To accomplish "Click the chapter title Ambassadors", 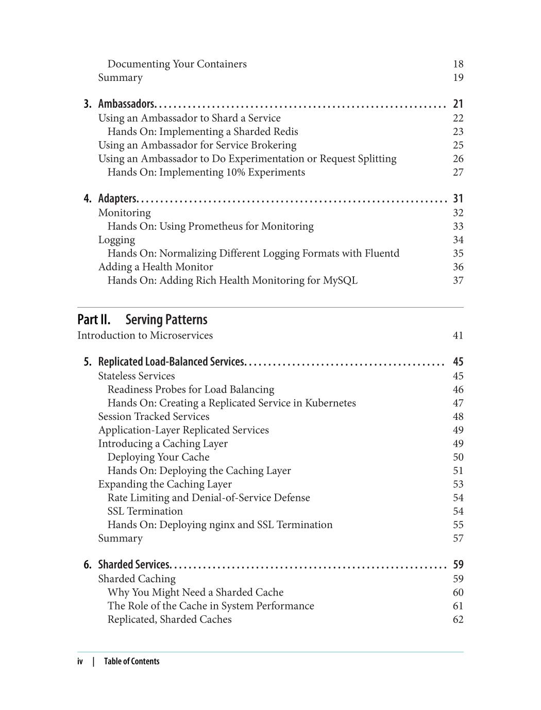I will tap(126, 104).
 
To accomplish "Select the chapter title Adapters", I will tap(117, 199).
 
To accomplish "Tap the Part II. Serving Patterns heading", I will tap(142, 320).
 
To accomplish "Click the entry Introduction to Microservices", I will tap(145, 335).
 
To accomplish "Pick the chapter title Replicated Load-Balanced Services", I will tap(171, 362).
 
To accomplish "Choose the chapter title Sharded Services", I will tap(133, 565).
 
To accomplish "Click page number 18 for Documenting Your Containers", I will tap(458, 64).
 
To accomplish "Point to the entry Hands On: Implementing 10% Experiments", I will tap(206, 172).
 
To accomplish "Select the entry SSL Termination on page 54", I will tap(145, 511).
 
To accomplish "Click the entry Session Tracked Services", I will tap(154, 416).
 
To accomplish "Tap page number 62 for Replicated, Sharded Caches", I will tap(458, 619).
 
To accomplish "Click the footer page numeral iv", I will tap(80, 662).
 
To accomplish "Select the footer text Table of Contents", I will tap(131, 662).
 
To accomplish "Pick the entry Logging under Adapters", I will tap(116, 240).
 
